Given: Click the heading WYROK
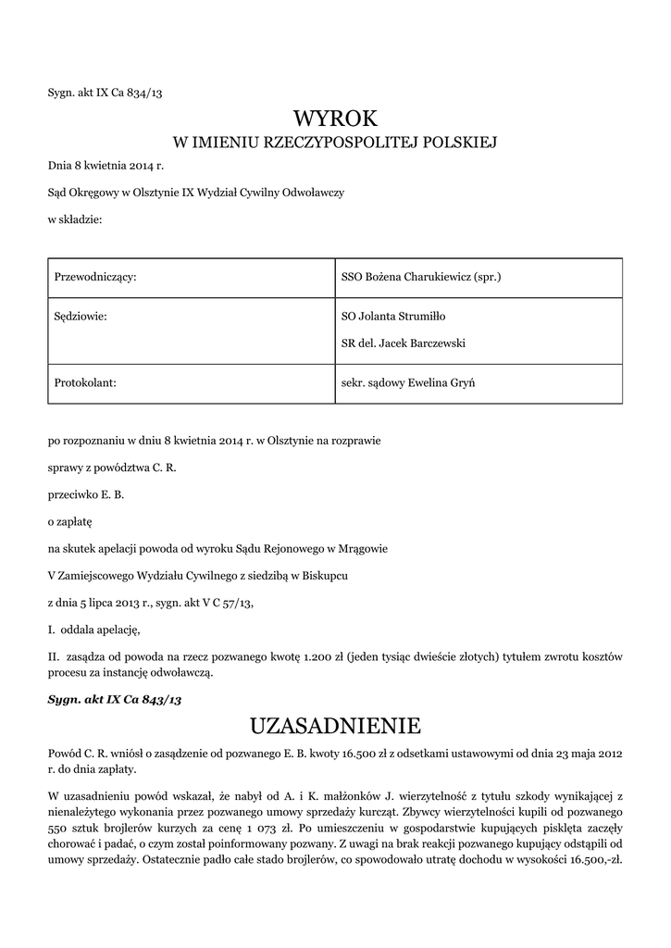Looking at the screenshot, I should pos(336,118).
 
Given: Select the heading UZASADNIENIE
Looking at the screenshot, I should pos(336,723).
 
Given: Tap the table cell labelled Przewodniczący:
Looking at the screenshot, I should pos(96,276).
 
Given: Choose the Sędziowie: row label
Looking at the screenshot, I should pos(81,316).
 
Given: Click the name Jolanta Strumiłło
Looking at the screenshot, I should pos(407,316).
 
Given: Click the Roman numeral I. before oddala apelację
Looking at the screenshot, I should pos(52,630).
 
